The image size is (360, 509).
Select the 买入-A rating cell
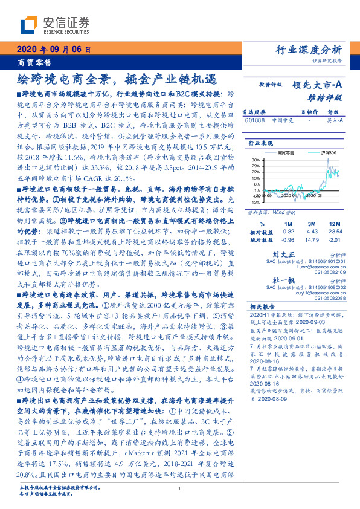332,120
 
